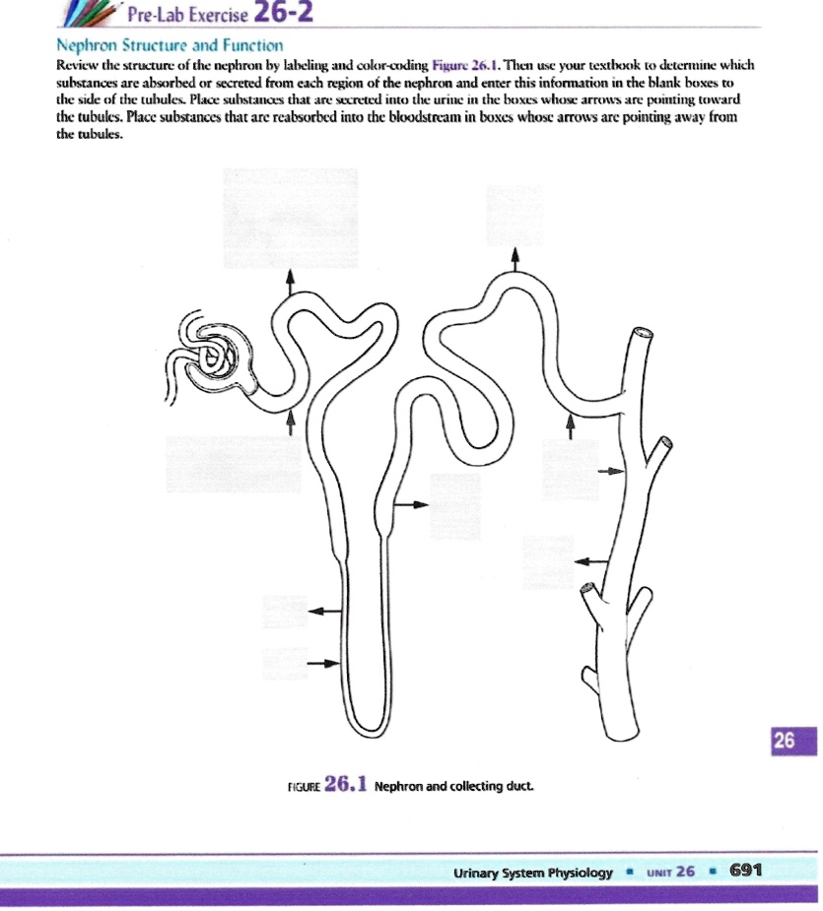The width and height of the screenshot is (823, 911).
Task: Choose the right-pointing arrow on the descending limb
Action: [321, 663]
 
